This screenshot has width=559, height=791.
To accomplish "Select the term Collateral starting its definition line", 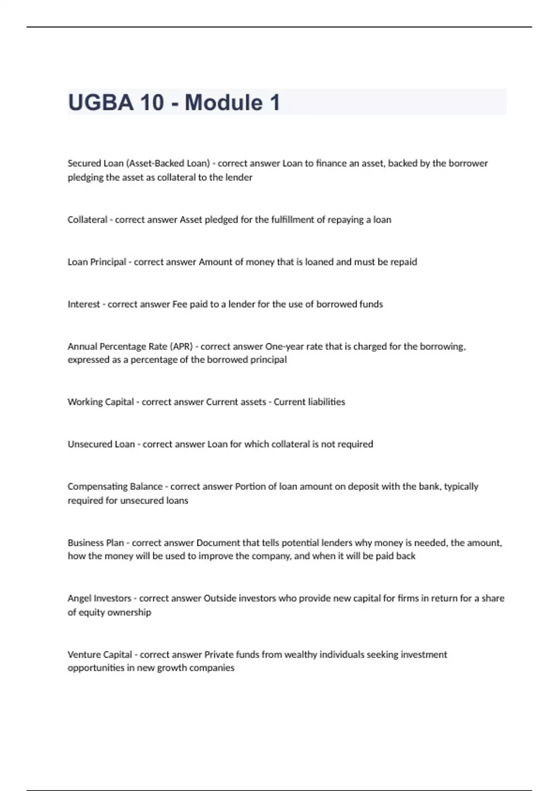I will pos(87,220).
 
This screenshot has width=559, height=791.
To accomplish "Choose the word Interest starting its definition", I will pos(84,304).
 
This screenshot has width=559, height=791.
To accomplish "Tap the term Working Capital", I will pos(101,402).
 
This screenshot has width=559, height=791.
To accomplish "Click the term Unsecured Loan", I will pos(101,444).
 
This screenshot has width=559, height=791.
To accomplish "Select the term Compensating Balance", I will pos(115,487).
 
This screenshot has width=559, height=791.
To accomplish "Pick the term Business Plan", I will pos(96,543).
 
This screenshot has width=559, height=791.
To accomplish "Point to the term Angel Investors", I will pos(99,598).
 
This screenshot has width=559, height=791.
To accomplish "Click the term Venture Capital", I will pos(100,655).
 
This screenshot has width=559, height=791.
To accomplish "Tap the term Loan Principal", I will pos(97,262).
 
